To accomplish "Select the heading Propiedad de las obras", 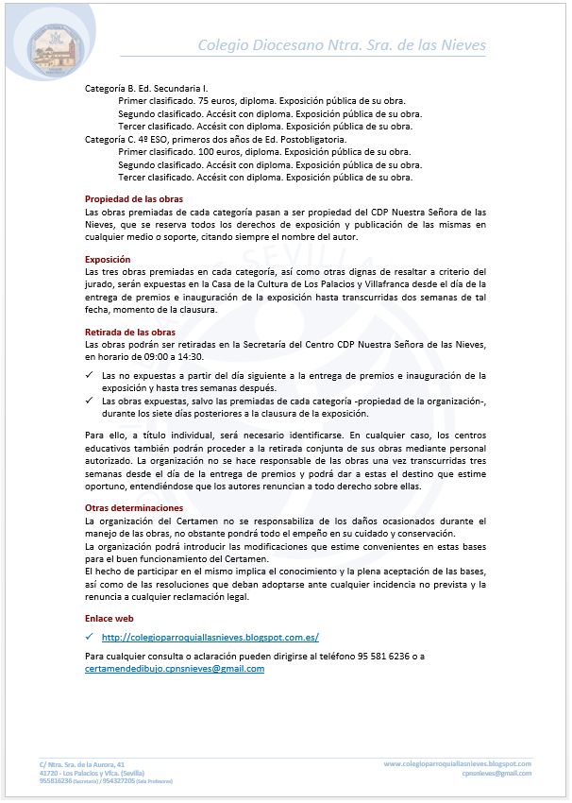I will (134, 199).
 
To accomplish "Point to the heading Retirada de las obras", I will (129, 333).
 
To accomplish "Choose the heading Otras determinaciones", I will (134, 508).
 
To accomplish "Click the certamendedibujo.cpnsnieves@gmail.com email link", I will (175, 669).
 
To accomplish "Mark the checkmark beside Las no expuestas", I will (89, 376).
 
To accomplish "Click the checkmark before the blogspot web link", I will (89, 638).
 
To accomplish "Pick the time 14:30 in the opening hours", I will (190, 357).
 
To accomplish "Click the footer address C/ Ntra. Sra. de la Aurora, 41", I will (82, 763).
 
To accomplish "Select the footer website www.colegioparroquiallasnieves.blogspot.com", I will (457, 763).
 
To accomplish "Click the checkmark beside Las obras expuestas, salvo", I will (89, 401).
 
